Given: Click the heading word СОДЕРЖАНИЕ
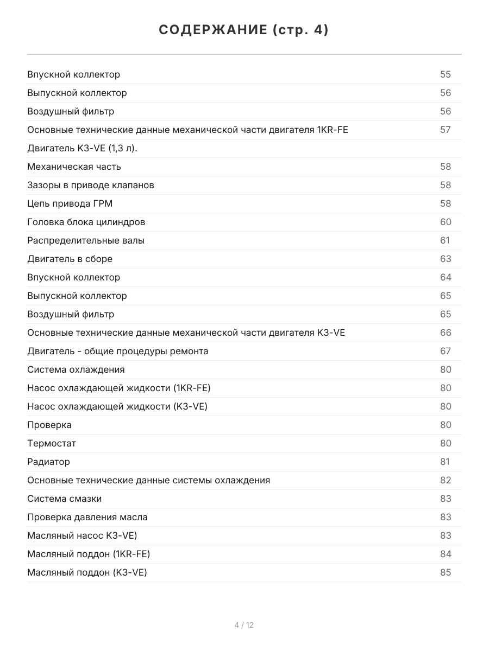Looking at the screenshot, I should [x=212, y=30].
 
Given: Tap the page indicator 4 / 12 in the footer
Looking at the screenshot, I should [x=244, y=625].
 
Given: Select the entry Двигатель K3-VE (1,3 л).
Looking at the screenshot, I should [x=82, y=148].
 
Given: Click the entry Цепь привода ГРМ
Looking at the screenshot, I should [x=70, y=203].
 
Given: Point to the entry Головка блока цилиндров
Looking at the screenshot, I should [x=86, y=222].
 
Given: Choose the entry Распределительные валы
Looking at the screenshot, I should [x=86, y=240].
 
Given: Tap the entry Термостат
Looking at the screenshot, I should [x=52, y=443].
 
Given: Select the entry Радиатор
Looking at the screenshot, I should [x=48, y=462].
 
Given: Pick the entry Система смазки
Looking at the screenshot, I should [x=64, y=499].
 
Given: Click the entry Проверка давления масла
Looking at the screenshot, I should [x=87, y=517].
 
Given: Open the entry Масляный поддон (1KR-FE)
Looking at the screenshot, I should [x=89, y=554].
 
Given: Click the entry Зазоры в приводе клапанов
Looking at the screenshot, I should [x=91, y=185].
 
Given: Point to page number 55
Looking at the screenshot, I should [x=446, y=74].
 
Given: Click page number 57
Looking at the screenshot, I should [x=446, y=130].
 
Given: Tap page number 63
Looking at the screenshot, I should [x=446, y=259].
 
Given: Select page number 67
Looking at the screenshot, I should [x=446, y=351].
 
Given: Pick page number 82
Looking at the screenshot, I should [x=446, y=480].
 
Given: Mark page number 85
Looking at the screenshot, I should [x=446, y=572].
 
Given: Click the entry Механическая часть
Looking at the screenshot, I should [x=74, y=167].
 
